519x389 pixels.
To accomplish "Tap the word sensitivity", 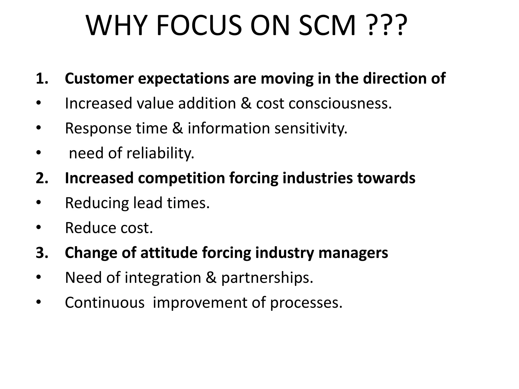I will (x=311, y=128).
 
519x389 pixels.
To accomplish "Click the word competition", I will (x=181, y=178).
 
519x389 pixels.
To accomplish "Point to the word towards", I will (x=386, y=178).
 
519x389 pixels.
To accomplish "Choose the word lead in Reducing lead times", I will (x=148, y=203).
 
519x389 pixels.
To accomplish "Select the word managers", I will (x=353, y=253).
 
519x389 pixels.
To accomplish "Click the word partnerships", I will (x=267, y=278).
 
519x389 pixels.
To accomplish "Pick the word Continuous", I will (x=104, y=302).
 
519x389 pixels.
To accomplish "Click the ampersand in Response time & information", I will (x=177, y=128).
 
